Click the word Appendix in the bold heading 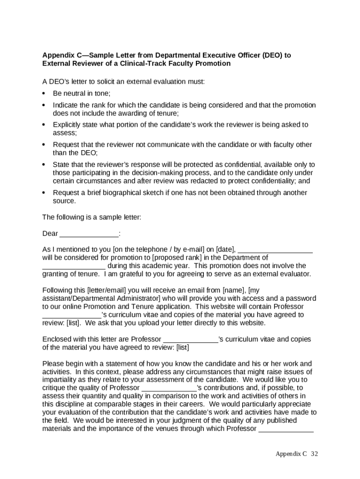pos(59,55)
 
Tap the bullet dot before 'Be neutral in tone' pos(43,93)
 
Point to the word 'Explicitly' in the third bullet pos(68,125)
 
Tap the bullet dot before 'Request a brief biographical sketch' pos(43,193)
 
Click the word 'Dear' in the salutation pos(50,233)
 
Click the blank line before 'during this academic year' pos(74,266)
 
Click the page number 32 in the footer pos(314,454)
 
